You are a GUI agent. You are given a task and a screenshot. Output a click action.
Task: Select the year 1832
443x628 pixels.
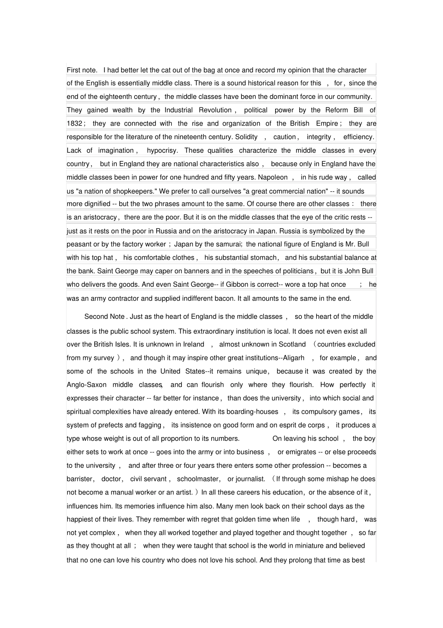75,124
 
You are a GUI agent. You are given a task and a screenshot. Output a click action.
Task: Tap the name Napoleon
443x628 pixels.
273,177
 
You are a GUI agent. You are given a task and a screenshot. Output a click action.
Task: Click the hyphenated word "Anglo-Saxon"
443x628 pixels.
86,385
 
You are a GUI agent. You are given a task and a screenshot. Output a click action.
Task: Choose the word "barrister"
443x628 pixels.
80,479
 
